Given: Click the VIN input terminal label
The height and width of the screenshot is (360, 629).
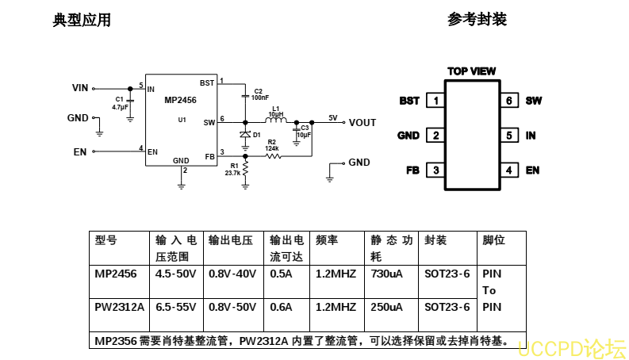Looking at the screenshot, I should click(80, 88).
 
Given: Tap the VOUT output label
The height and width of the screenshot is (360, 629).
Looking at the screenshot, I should click(362, 122).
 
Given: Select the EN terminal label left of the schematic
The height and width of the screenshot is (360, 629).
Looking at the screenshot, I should click(80, 151).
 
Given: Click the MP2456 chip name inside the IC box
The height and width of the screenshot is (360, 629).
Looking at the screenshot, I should click(181, 100).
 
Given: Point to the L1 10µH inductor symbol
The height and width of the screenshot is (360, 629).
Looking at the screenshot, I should click(276, 121).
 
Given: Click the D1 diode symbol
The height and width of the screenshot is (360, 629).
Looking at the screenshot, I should click(246, 134).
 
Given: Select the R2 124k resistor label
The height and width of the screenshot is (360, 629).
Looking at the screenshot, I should click(272, 145).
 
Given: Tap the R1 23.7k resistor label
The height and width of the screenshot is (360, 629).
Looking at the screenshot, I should click(233, 169).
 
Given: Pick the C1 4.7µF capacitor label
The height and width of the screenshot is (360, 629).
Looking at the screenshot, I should click(120, 103).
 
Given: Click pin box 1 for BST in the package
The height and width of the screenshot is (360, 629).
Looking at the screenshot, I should click(435, 101).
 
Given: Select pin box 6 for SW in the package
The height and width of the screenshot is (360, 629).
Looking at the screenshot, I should click(508, 101).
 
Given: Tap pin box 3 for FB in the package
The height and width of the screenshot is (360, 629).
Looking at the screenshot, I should click(435, 170).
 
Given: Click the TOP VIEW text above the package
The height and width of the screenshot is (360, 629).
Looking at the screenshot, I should click(471, 71).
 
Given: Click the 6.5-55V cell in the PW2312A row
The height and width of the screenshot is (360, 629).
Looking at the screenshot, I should click(175, 307).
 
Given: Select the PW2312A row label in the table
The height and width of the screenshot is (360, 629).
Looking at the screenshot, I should click(119, 307).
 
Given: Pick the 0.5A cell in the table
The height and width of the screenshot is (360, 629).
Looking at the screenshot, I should click(279, 274).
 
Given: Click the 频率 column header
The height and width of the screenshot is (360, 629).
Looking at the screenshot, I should click(328, 240).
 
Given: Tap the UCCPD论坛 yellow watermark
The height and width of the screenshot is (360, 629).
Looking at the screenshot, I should click(571, 347).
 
